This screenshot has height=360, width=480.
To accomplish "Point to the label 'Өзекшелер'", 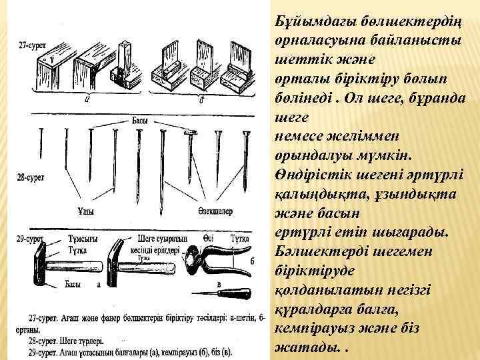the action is coord(215,212).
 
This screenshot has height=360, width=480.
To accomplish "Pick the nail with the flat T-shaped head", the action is coord(192,157).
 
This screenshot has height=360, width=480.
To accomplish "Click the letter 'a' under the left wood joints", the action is coord(87,100).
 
